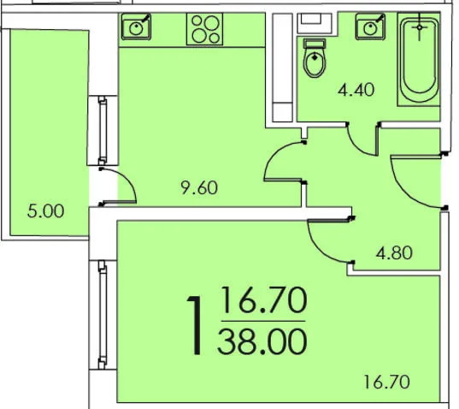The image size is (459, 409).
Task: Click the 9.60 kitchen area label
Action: (199, 187)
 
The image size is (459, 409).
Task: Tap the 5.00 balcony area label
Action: (45, 211)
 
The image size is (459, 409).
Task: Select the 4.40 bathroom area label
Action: (356, 90)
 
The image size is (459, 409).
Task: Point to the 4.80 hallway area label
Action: (394, 252)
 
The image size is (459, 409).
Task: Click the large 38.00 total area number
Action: (262, 341)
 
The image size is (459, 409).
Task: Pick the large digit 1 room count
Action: (195, 325)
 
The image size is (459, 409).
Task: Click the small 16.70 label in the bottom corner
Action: (386, 382)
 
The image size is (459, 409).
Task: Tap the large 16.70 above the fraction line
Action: (264, 300)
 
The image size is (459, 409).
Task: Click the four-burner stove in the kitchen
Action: (204, 29)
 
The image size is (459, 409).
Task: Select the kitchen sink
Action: (136, 27)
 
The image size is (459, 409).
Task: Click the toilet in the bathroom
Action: (315, 58)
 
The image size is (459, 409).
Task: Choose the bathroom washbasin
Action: (370, 27)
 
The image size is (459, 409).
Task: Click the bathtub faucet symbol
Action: (420, 27)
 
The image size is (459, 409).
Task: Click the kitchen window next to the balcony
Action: (103, 130)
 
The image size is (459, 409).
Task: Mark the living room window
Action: (103, 315)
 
